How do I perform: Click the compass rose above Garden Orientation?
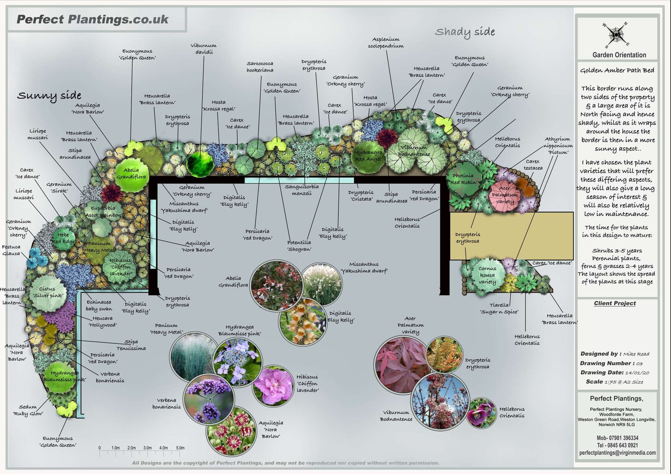616,35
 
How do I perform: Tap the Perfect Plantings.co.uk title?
93,19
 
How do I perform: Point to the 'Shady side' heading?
465,32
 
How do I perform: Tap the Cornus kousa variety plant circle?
487,275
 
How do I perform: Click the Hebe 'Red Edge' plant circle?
63,238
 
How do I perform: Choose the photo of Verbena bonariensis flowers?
209,398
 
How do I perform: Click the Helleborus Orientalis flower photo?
481,413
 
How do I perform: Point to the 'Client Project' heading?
615,303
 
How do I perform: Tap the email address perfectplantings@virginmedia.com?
617,453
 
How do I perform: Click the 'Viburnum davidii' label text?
203,49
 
